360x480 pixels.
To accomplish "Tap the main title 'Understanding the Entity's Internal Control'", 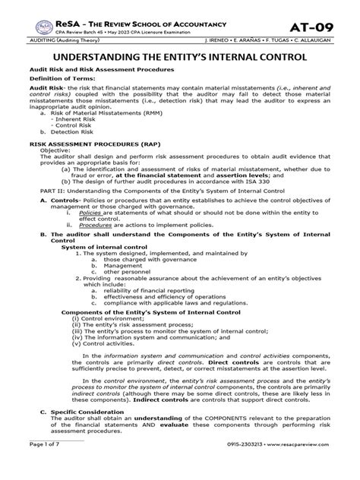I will pos(180,57).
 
